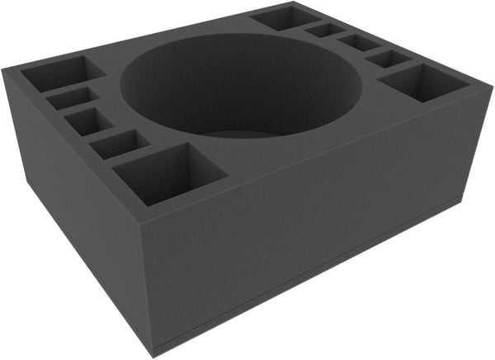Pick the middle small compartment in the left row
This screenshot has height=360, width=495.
coord(88,121)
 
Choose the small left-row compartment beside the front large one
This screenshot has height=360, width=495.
coord(119,144)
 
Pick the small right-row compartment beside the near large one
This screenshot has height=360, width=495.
coord(388,58)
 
